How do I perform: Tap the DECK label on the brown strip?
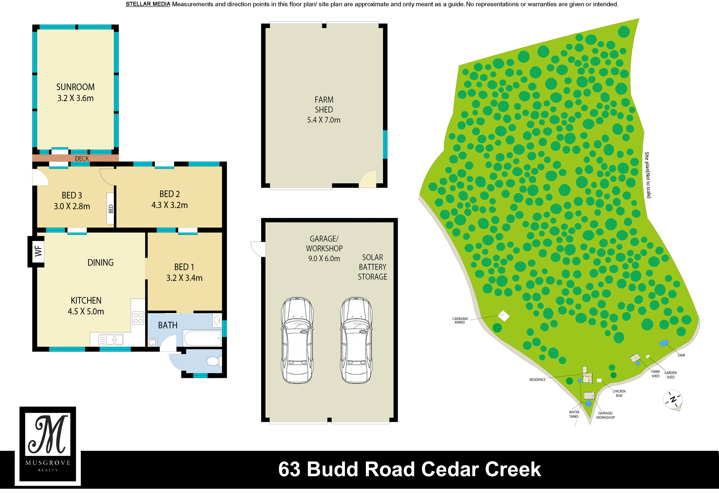click(x=82, y=159)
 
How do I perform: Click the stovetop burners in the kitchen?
click(x=138, y=318)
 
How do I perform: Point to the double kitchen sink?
click(x=111, y=339)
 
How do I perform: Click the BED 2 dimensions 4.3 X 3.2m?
click(x=170, y=205)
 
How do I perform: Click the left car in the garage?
click(x=297, y=340)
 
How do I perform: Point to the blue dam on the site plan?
click(x=664, y=343)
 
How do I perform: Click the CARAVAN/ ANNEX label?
click(x=460, y=321)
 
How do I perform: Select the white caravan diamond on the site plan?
click(x=504, y=316)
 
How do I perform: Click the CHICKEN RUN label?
click(x=619, y=393)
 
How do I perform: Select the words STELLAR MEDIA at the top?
click(x=148, y=4)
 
